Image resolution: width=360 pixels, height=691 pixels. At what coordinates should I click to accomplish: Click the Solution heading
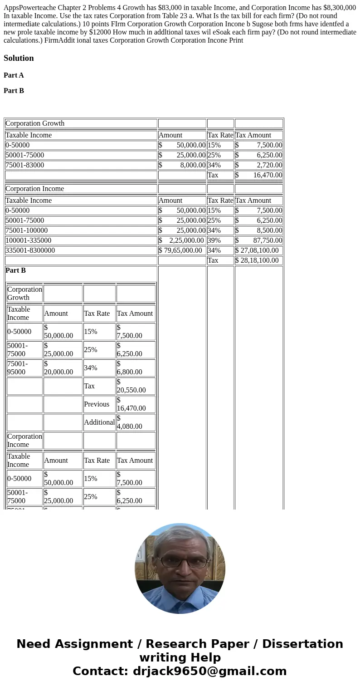[19, 58]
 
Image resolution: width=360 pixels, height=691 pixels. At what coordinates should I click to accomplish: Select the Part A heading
[14, 75]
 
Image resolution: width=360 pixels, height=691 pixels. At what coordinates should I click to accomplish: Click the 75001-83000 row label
[25, 165]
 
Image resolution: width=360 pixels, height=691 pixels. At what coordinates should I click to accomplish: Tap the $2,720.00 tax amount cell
[258, 165]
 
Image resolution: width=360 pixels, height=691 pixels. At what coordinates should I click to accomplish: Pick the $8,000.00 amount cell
[182, 165]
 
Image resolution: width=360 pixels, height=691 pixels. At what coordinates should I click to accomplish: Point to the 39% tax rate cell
[214, 240]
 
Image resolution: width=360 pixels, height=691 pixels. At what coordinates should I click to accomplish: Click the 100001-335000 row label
[29, 240]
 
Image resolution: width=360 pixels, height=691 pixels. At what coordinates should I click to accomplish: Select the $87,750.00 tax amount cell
[258, 240]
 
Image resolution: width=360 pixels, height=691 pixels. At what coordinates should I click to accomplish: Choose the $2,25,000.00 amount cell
[182, 240]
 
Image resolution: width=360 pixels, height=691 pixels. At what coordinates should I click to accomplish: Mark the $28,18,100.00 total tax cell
[257, 260]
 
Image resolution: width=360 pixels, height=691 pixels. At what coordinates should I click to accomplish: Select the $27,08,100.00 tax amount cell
[257, 250]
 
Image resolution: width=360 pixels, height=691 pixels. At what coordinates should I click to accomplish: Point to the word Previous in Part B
[97, 404]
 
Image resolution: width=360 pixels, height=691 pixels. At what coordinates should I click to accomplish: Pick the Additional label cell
[99, 422]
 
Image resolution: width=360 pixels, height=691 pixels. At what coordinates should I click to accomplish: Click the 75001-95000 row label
[18, 368]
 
